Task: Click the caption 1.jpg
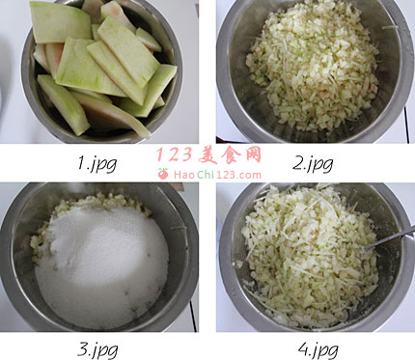tap(97, 163)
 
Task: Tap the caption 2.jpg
tap(313, 163)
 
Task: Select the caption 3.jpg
tap(97, 350)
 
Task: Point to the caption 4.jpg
tap(318, 350)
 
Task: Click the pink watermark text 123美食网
tap(208, 155)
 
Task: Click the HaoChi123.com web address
tap(217, 175)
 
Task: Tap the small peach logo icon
tap(163, 174)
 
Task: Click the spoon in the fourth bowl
tap(389, 238)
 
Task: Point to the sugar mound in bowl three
tap(101, 263)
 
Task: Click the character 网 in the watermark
tap(250, 155)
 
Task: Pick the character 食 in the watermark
tap(231, 155)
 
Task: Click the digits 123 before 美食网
tap(175, 155)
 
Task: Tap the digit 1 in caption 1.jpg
tap(81, 162)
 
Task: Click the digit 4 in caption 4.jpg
tap(303, 349)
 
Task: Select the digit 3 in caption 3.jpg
tap(82, 349)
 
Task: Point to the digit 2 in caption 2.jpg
tap(298, 162)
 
